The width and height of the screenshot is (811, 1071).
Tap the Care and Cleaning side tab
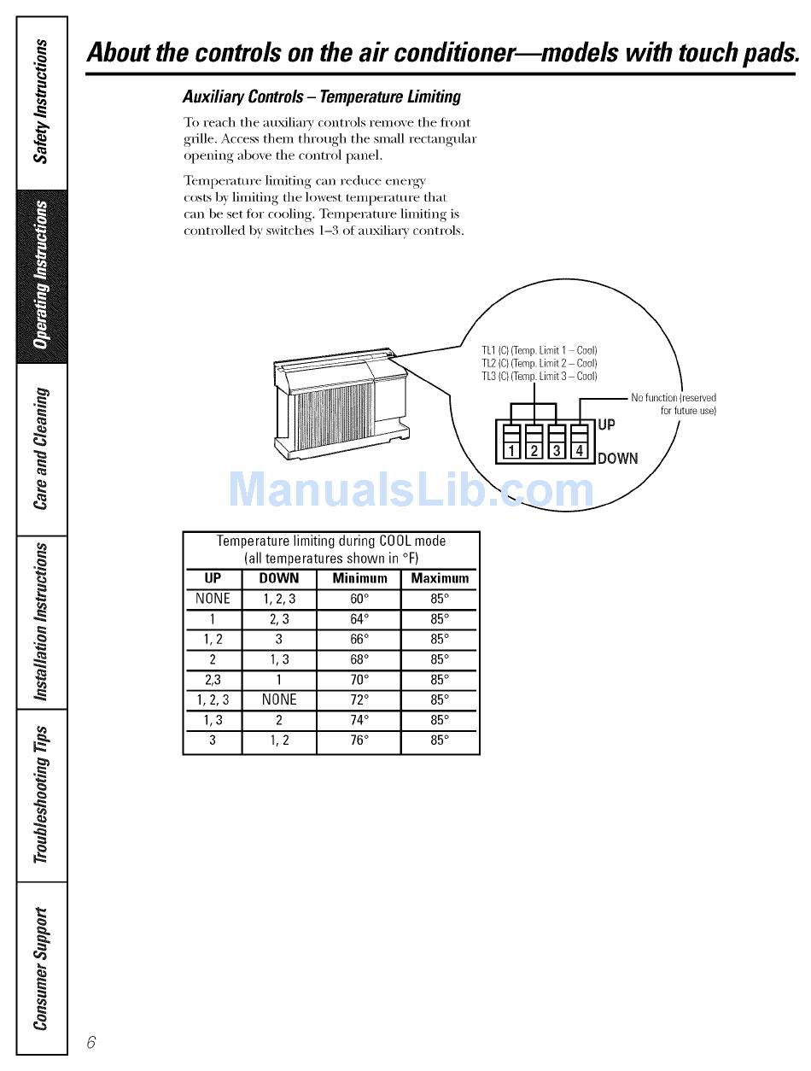coord(41,448)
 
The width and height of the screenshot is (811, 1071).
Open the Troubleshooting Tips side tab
coord(41,794)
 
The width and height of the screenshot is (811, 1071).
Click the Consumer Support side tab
coord(41,969)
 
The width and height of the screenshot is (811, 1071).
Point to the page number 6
coord(91,1042)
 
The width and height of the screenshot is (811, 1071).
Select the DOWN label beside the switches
coord(617,459)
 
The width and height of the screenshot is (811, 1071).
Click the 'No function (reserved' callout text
coord(674,398)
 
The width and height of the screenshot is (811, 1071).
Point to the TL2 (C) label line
coord(540,363)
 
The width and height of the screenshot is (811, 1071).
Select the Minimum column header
coord(359,578)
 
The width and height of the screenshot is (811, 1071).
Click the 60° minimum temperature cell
coord(359,599)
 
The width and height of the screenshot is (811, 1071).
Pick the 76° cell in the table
coord(359,740)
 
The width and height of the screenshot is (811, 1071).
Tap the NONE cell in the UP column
coord(213,599)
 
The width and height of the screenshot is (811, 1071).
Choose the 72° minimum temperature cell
coord(359,699)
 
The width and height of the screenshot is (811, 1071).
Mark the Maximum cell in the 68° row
coord(439,659)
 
